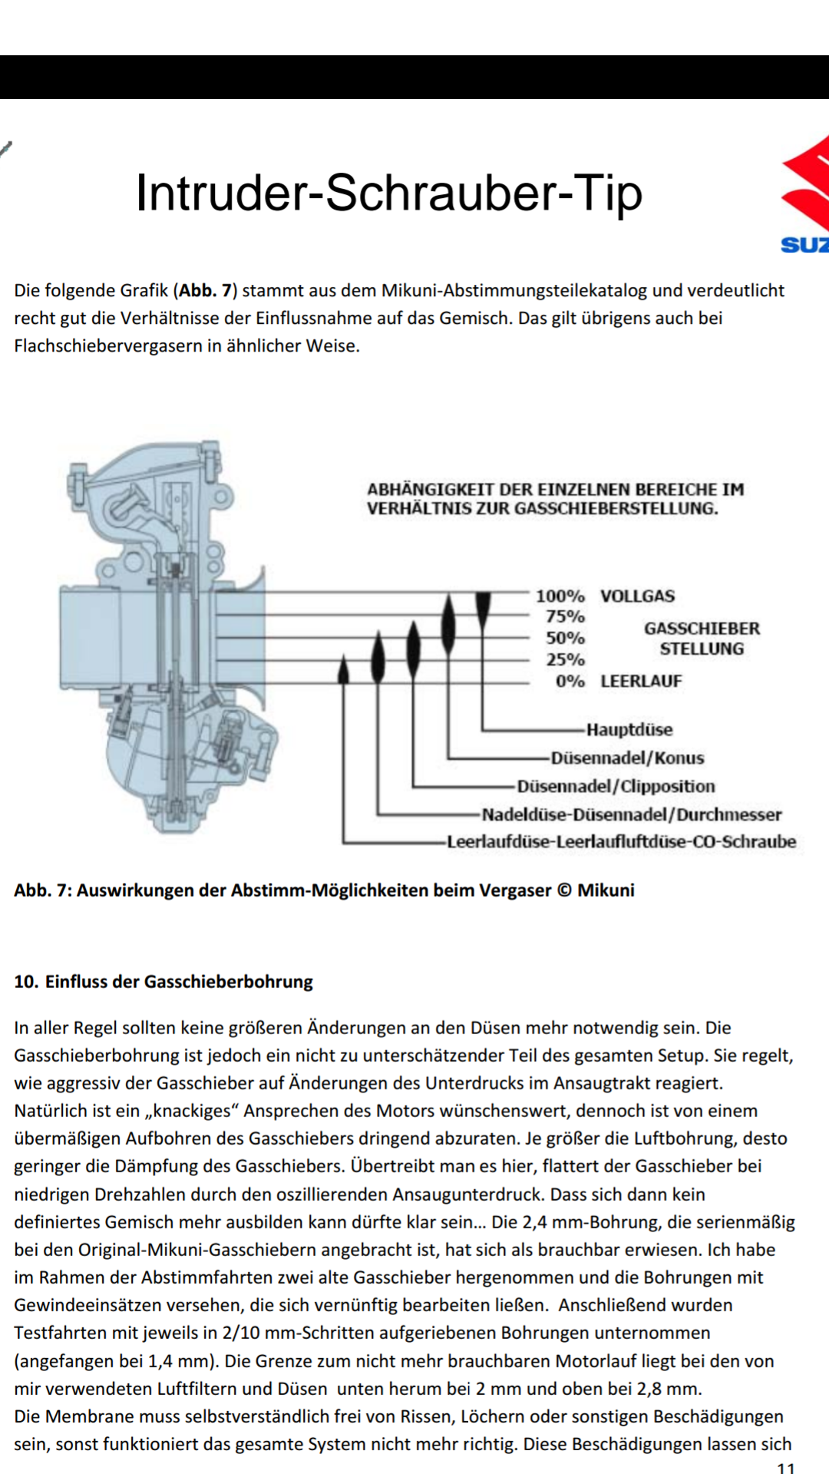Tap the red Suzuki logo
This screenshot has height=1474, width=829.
click(x=806, y=184)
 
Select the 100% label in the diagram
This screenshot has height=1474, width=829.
click(x=560, y=596)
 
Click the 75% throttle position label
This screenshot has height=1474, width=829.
click(x=565, y=616)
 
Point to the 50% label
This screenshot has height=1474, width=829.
click(x=565, y=638)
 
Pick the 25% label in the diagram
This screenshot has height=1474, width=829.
click(x=565, y=659)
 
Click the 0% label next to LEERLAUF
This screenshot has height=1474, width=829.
click(x=570, y=681)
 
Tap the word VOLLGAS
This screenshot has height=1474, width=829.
click(x=637, y=596)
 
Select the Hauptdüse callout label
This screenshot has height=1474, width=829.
click(x=629, y=729)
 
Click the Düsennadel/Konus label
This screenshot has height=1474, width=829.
click(x=627, y=758)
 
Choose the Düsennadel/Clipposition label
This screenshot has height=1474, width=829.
click(x=616, y=786)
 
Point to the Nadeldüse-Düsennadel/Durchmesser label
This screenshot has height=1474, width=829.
click(x=631, y=814)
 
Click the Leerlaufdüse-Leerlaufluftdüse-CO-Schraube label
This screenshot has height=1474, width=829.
click(x=621, y=841)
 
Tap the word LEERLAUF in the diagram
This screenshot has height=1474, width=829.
click(x=641, y=681)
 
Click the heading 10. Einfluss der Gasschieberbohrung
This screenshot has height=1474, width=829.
click(x=163, y=981)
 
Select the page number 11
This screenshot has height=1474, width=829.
click(x=785, y=1467)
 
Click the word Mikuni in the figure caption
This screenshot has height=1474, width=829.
click(x=606, y=890)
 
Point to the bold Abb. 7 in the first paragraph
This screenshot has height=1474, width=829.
click(x=205, y=290)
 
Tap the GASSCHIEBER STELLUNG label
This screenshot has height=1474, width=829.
click(x=702, y=639)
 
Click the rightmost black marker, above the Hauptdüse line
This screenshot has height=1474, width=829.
click(x=483, y=608)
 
